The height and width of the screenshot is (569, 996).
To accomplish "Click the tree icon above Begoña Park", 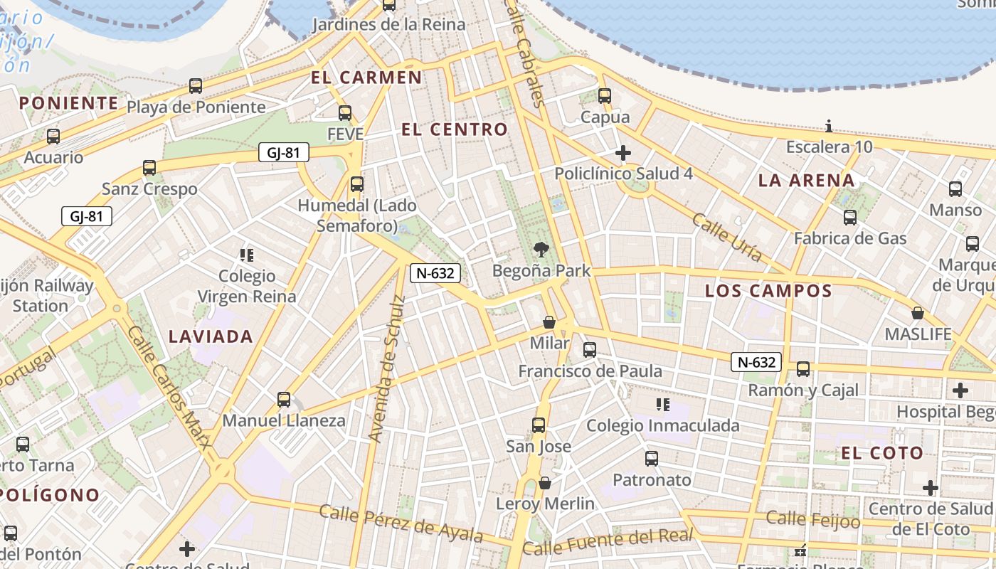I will coord(541,249).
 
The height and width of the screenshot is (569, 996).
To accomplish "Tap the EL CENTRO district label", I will coord(455,129).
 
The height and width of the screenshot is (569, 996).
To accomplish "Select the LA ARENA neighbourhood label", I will coord(806,180).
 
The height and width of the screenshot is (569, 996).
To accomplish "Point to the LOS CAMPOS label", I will coord(768,290).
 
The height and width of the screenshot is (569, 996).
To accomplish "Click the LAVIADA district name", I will coord(211,336).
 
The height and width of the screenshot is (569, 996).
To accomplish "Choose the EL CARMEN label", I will coord(366,78).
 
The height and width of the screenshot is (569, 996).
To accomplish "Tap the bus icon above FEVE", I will coord(345,112).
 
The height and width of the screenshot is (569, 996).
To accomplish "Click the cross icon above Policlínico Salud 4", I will coord(623,152).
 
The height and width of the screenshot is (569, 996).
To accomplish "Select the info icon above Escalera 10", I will coord(829,127).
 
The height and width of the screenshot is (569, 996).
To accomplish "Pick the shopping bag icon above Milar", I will coord(549,322).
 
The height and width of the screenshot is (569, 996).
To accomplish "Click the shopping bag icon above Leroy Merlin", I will coord(545,483).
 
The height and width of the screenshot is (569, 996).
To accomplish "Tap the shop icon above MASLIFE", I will coord(918,312).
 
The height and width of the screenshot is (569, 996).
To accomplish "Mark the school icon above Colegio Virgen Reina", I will coord(247,255).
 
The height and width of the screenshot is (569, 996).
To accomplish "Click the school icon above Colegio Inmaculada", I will coord(662,405).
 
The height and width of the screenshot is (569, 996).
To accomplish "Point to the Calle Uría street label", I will coord(727,237).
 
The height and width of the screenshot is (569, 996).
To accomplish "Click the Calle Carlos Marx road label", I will coord(169,388).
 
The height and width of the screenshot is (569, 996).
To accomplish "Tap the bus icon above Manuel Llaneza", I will coord(284,399).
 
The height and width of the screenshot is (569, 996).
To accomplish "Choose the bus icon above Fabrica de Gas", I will coord(850,217).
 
